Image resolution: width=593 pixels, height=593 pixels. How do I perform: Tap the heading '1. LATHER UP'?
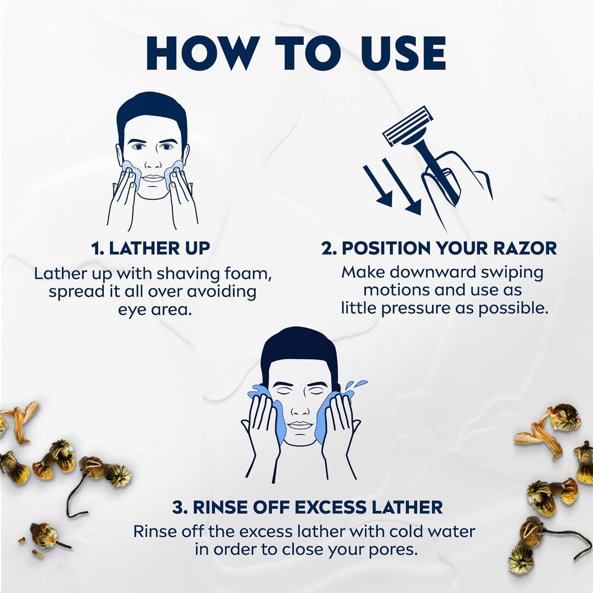point(151,248)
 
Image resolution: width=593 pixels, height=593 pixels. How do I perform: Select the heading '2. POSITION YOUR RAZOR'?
point(439,248)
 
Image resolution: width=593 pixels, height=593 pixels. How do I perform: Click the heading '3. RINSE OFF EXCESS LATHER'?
point(307,508)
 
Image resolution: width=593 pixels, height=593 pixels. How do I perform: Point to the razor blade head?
point(408,128)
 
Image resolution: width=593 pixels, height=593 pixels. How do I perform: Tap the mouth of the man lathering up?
point(152,178)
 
